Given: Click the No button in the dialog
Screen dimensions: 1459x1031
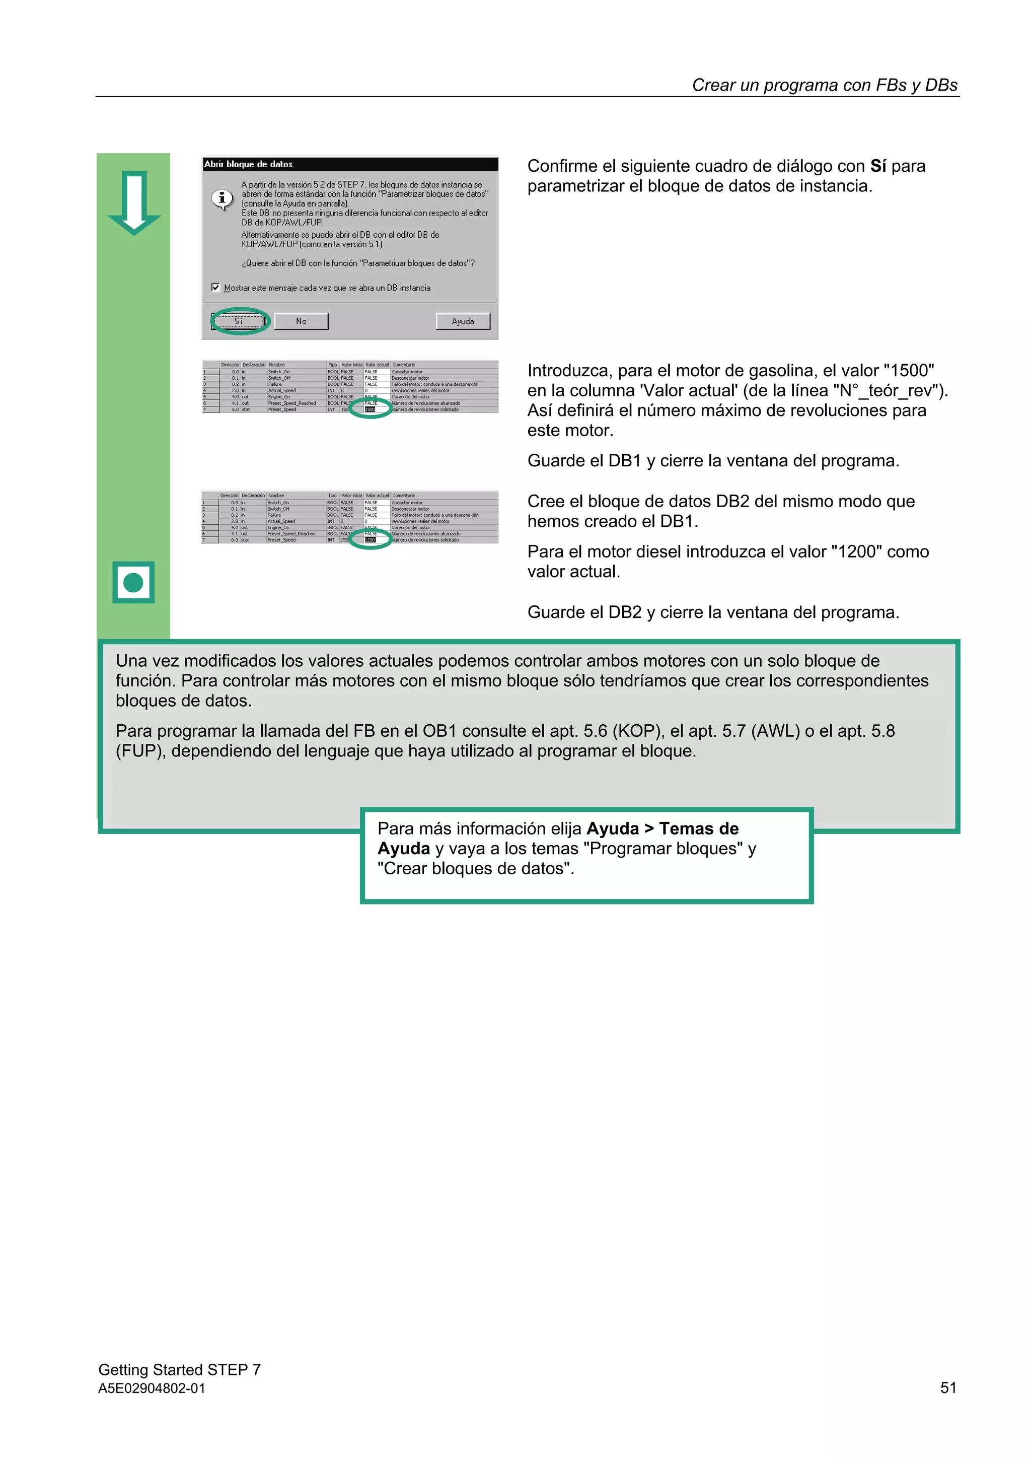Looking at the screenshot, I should coord(301,321).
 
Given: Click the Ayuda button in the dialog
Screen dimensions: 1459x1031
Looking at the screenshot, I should coord(463,321).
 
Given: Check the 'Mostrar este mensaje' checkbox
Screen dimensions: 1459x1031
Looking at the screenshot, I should coord(215,287).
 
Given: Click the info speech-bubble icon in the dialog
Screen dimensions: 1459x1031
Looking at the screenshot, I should coord(222,199).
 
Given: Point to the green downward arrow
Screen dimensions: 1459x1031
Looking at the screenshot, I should coord(134,202).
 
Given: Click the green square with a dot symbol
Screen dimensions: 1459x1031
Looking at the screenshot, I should coord(133,582).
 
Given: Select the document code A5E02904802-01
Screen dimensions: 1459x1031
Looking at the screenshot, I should coord(152,1388).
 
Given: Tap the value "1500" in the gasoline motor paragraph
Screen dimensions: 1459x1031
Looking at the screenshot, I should coord(908,371).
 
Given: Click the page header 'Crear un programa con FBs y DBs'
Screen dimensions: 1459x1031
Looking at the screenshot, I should coord(824,85).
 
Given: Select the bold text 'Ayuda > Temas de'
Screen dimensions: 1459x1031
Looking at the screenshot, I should coord(662,828).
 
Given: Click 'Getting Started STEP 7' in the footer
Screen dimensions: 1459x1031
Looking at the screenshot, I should coord(179,1369).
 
